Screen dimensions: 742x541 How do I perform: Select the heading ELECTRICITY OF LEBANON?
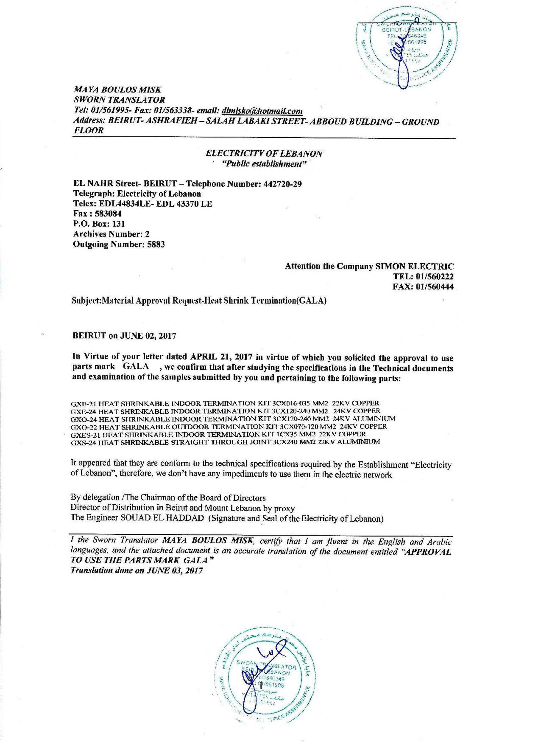[x=264, y=154]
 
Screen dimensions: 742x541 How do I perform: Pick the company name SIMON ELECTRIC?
[x=415, y=266]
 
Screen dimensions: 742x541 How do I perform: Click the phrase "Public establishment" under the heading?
[x=264, y=164]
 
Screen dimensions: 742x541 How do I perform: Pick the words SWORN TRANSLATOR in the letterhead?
[x=119, y=100]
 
